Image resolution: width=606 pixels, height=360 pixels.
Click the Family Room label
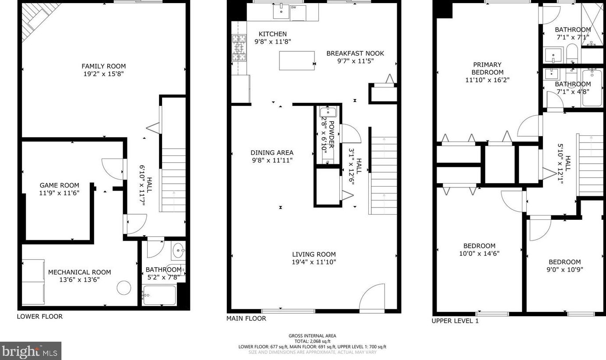tap(104, 66)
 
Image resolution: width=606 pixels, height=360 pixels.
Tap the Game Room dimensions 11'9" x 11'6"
tap(59, 193)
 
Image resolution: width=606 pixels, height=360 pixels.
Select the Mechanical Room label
tap(80, 272)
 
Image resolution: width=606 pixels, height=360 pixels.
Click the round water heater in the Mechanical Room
tap(124, 288)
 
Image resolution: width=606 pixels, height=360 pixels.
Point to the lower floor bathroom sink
tap(179, 250)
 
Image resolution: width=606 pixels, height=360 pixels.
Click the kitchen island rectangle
tap(297, 60)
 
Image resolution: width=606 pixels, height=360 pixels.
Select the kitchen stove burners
tap(239, 48)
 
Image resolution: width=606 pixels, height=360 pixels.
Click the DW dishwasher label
tap(293, 7)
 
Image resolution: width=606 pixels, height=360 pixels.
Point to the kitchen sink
tap(282, 11)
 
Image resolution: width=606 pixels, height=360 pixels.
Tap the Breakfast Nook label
tap(355, 53)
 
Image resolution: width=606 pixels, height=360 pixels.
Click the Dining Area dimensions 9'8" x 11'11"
tap(272, 160)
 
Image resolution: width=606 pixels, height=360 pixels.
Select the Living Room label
tap(314, 254)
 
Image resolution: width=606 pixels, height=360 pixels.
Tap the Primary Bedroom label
tap(487, 68)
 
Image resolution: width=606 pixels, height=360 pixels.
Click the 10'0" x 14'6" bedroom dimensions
tap(479, 254)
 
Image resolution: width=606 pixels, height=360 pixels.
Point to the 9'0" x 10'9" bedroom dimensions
tap(564, 270)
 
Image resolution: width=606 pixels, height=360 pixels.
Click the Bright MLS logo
tap(30, 351)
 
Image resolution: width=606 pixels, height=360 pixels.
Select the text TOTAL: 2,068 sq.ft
tap(313, 341)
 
